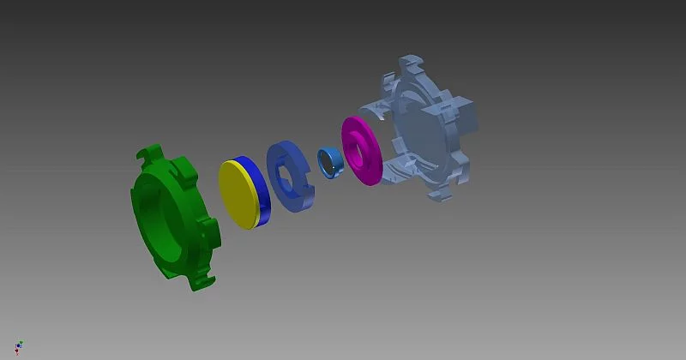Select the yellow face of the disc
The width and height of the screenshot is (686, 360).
[x=238, y=195]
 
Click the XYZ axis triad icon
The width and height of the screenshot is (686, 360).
[x=19, y=347]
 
